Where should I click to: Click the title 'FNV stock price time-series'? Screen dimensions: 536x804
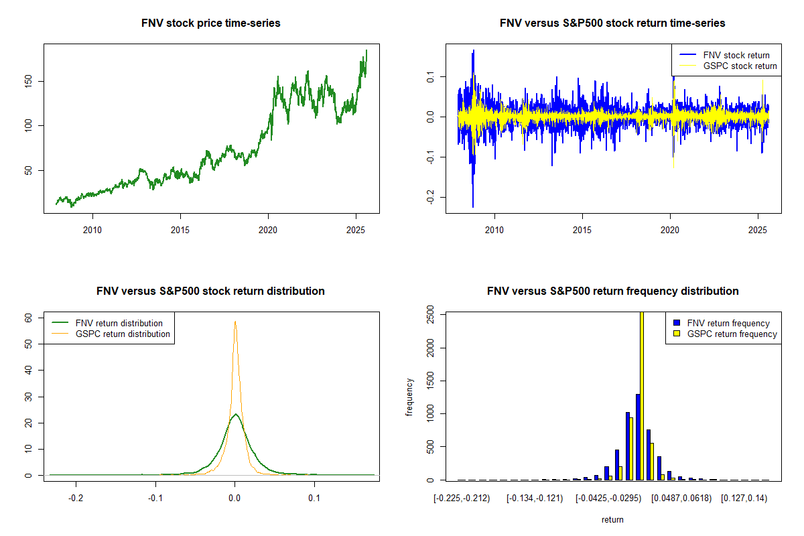211,23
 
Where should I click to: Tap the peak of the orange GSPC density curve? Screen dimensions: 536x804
234,322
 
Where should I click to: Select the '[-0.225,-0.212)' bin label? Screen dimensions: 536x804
462,499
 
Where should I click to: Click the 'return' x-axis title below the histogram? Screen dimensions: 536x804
612,519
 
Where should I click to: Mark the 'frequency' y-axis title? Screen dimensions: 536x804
409,397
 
